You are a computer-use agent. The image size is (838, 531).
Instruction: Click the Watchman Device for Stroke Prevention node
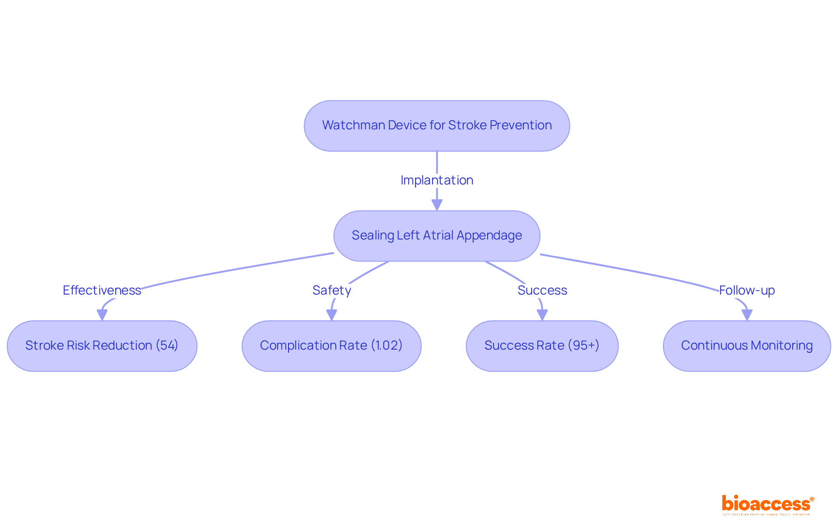(436, 126)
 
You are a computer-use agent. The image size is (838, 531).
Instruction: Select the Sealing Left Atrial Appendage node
(436, 236)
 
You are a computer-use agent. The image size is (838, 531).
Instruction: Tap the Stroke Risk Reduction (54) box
(102, 346)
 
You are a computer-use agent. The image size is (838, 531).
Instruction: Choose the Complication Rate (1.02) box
(331, 346)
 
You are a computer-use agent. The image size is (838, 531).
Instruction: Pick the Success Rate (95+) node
(542, 346)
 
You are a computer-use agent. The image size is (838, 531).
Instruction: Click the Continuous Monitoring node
(746, 346)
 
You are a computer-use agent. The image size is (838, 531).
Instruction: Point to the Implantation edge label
(436, 180)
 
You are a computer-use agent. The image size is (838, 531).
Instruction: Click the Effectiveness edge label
(102, 290)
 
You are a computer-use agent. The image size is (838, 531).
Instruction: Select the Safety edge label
(332, 290)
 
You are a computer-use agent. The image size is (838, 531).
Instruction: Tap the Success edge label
(542, 290)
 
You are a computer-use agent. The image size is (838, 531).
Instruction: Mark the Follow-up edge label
(747, 290)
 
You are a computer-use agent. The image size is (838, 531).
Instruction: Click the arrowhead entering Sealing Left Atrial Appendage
(437, 205)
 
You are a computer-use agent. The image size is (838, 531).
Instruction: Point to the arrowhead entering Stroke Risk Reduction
(102, 315)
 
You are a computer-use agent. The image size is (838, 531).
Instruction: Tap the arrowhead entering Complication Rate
(332, 315)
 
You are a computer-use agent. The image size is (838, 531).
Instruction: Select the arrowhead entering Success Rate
(542, 315)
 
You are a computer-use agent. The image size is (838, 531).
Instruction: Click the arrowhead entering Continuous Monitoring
(747, 315)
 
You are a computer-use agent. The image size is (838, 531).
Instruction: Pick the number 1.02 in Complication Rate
(387, 345)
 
